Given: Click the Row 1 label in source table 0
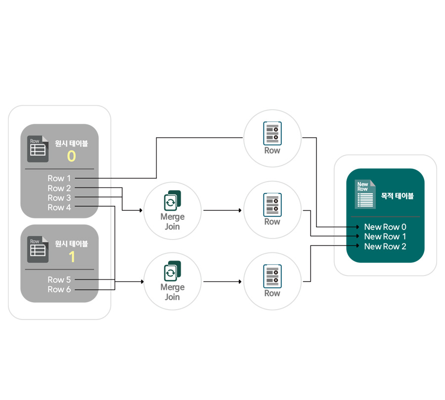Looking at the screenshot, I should click(59, 178).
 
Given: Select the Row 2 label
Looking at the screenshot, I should click(59, 188).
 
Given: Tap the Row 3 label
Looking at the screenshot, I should click(59, 198).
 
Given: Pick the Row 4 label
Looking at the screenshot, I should click(59, 208).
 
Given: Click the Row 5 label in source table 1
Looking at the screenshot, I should click(59, 280).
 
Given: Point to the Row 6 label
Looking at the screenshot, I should click(59, 289).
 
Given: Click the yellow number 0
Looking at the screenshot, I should click(71, 157).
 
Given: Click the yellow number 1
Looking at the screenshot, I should click(71, 257).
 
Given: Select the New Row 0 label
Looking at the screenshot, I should click(385, 227).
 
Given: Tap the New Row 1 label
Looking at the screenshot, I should click(385, 237).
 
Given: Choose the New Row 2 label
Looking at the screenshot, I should click(385, 246).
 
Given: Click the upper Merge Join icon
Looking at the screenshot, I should click(173, 201).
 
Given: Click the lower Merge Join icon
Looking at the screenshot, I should click(173, 272).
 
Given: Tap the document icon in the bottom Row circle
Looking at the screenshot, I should click(272, 276).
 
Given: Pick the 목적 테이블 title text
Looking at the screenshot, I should click(397, 196).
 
